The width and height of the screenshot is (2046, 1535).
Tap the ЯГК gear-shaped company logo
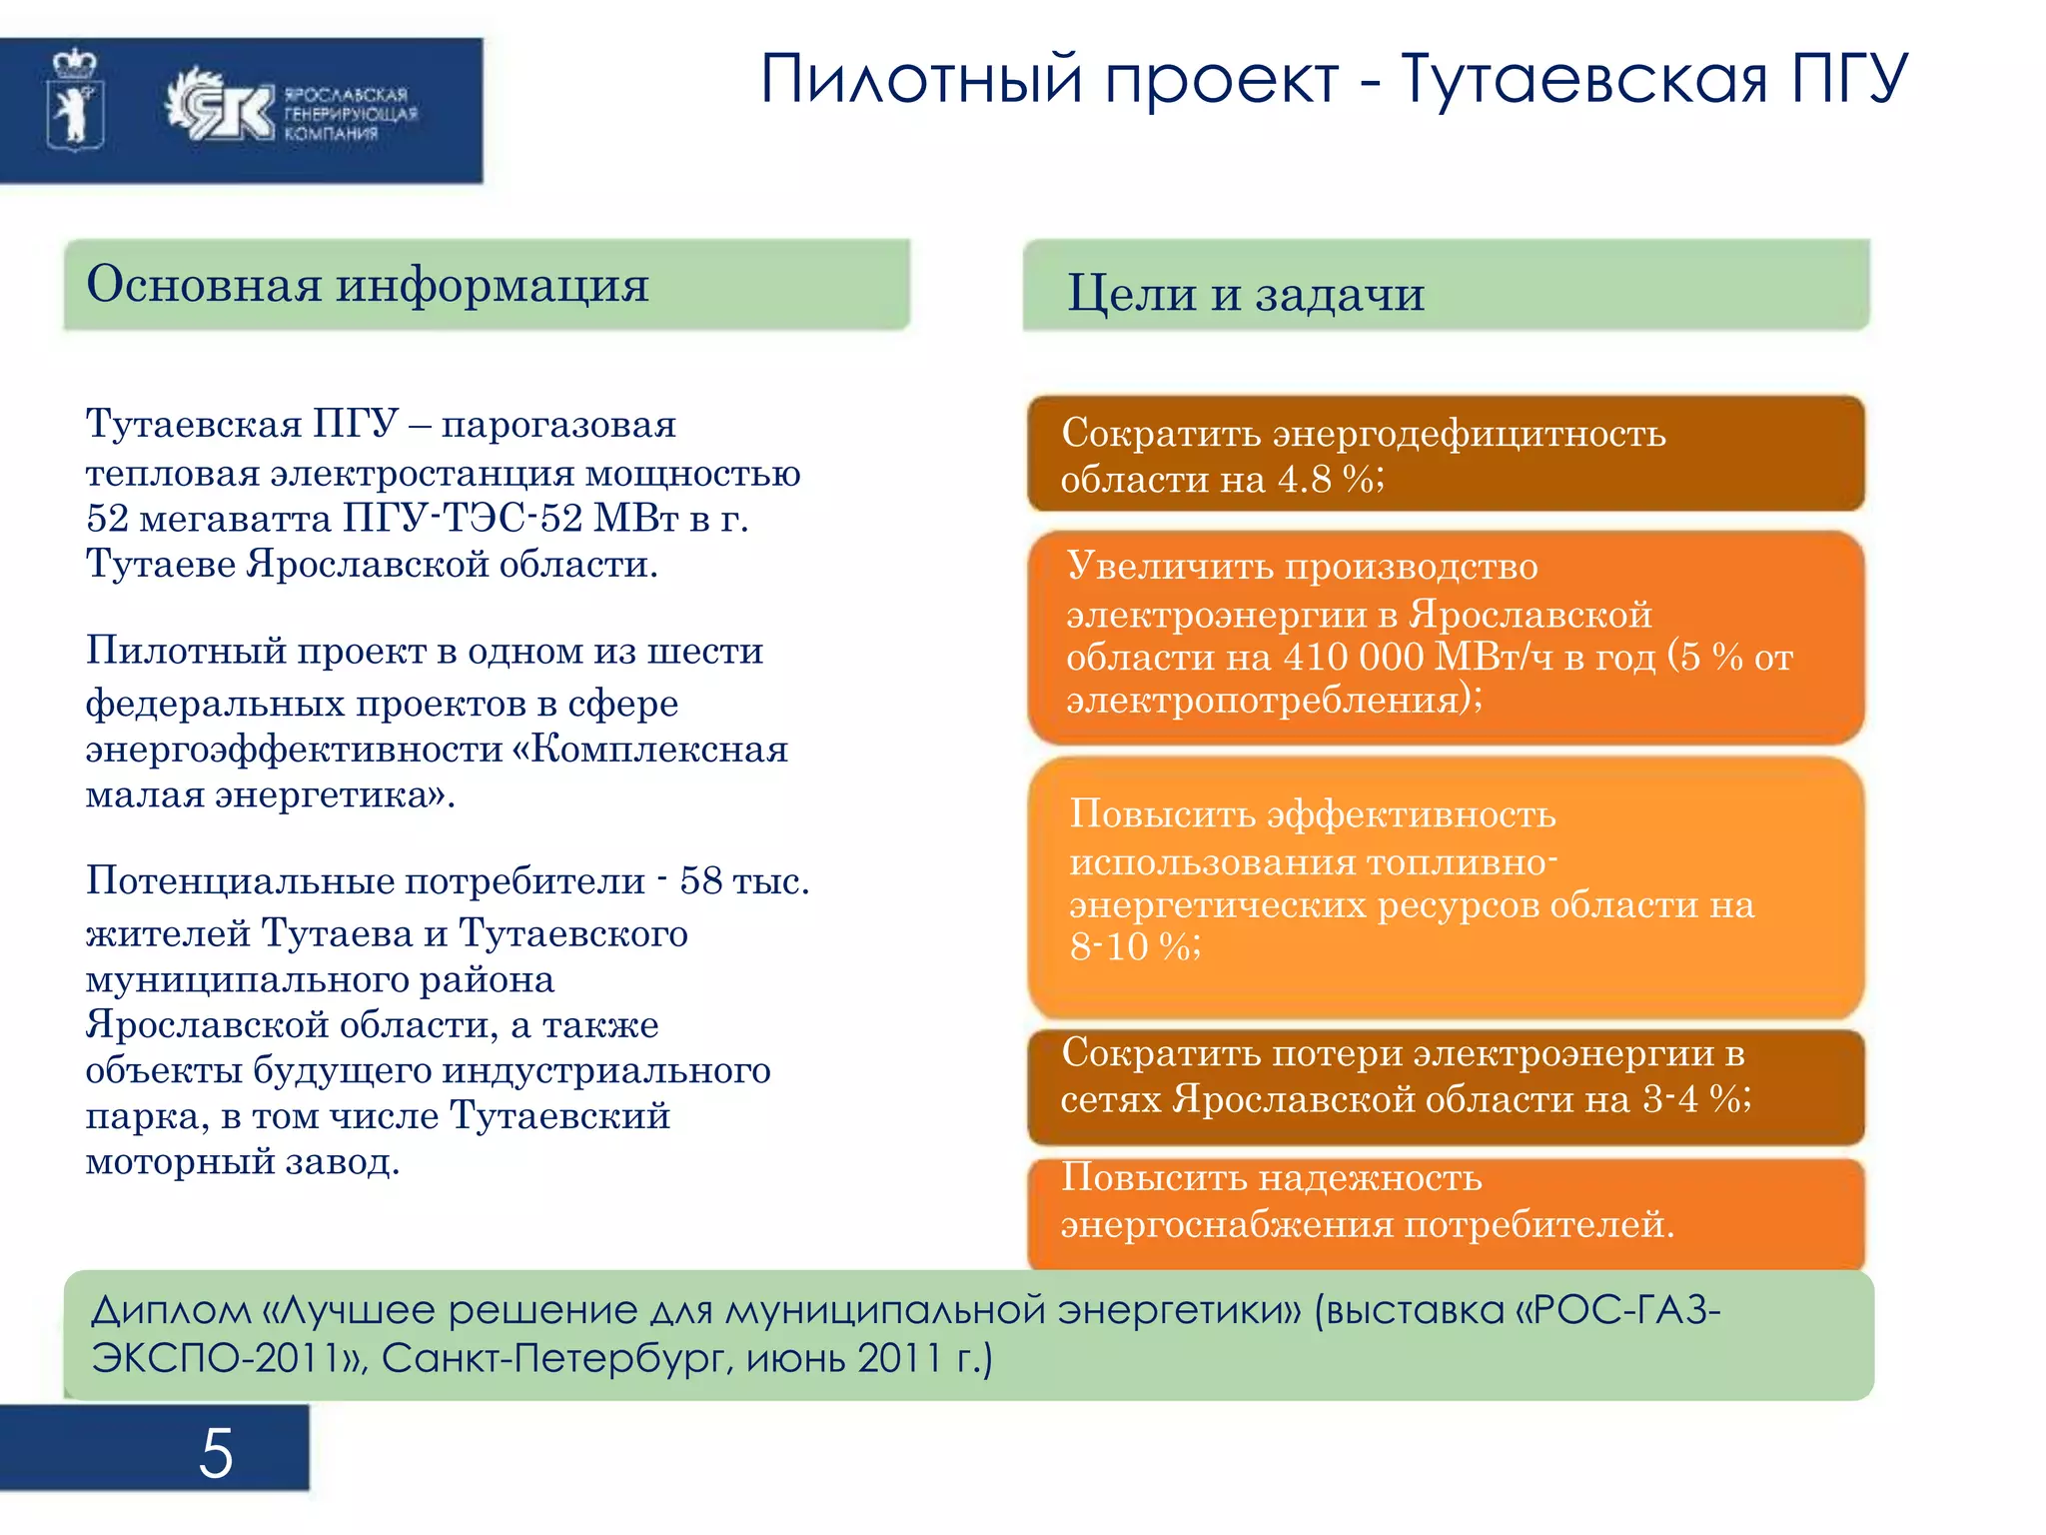click(x=220, y=106)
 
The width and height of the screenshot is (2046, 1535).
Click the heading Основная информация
click(x=368, y=285)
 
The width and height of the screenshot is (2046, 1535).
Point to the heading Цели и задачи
click(x=1246, y=294)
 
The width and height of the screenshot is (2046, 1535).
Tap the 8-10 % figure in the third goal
click(x=1133, y=946)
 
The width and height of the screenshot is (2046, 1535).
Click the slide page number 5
click(x=216, y=1453)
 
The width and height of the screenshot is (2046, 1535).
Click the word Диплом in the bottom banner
click(x=171, y=1310)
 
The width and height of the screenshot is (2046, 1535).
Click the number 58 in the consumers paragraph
click(x=700, y=880)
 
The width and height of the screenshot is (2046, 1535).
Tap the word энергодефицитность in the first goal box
click(x=1469, y=434)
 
